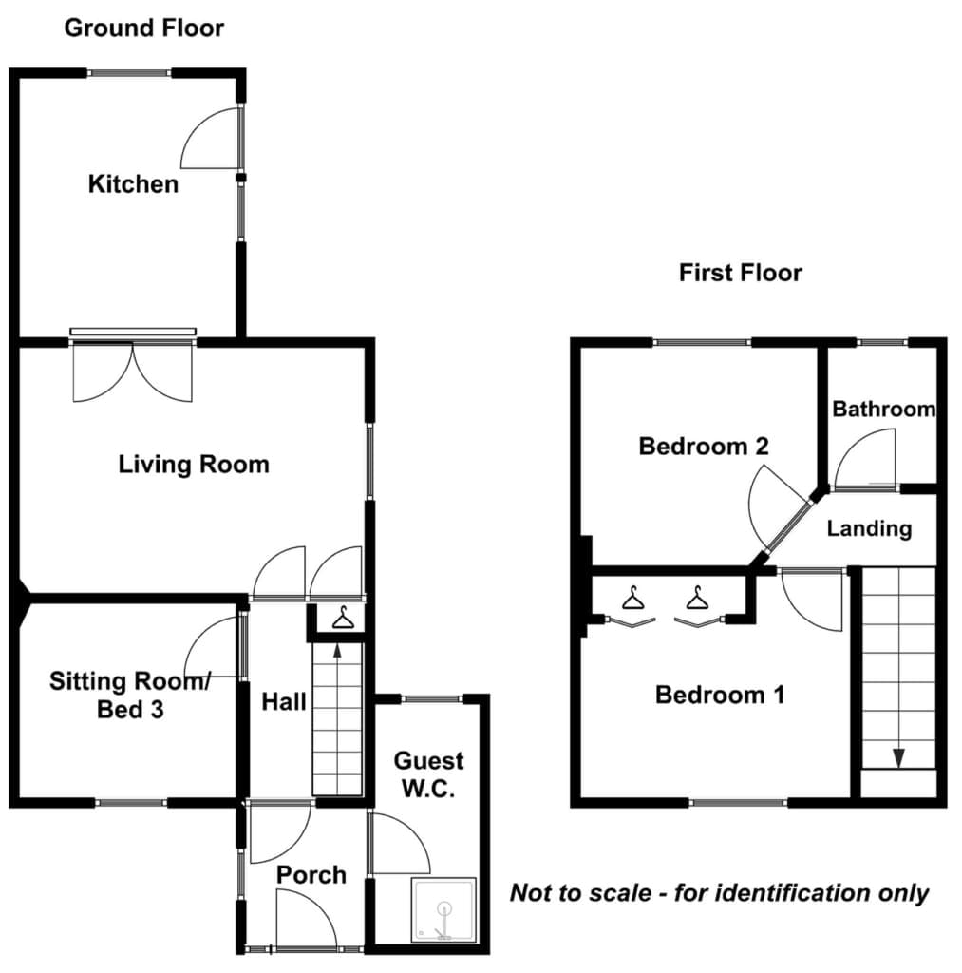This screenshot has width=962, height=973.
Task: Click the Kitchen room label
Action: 133,183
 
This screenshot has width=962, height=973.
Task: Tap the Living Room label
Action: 194,465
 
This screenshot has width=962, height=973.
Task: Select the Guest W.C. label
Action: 428,774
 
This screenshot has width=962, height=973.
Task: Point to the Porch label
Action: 311,875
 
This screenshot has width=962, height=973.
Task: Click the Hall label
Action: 283,702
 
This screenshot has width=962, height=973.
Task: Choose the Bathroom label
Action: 884,409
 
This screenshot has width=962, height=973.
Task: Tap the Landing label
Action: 869,528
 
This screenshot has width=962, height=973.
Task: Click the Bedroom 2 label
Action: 704,447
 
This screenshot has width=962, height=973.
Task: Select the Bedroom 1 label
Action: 720,695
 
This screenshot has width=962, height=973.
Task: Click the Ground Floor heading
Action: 144,28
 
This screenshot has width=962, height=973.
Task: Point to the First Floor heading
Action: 741,273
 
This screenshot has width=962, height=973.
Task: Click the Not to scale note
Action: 719,893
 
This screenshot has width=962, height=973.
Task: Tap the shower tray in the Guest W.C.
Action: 443,909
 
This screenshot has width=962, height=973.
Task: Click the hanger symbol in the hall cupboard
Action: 343,619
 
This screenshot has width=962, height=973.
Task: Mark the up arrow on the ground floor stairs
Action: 337,650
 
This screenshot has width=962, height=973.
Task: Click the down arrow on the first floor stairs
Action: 898,757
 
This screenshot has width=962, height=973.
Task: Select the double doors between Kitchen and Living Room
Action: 133,372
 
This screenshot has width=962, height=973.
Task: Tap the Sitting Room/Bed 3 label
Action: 130,695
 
